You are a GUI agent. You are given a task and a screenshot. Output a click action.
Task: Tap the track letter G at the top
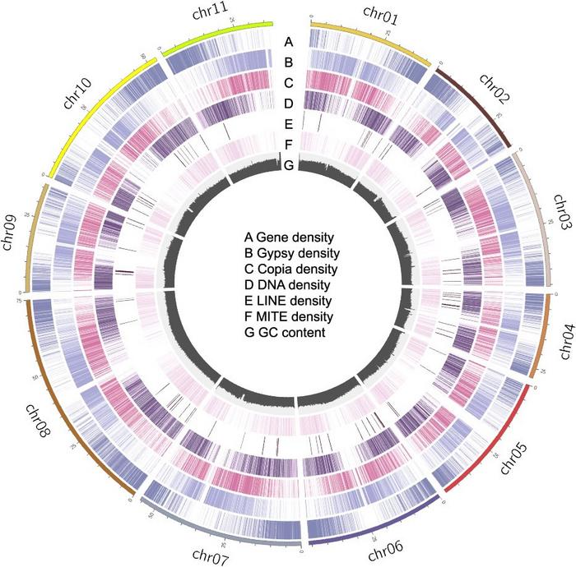pos(288,166)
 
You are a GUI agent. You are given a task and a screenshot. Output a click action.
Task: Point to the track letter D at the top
pos(288,104)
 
